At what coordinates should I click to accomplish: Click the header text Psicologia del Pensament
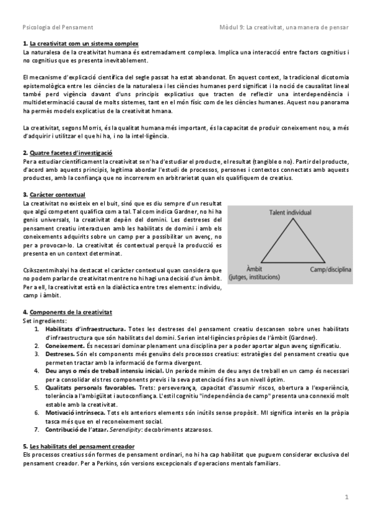click(58, 27)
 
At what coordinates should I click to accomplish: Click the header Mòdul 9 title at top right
click(284, 27)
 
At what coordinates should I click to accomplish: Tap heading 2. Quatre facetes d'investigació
click(68, 152)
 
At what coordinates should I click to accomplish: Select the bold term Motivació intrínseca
click(75, 412)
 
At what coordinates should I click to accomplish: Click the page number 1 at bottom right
click(347, 496)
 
